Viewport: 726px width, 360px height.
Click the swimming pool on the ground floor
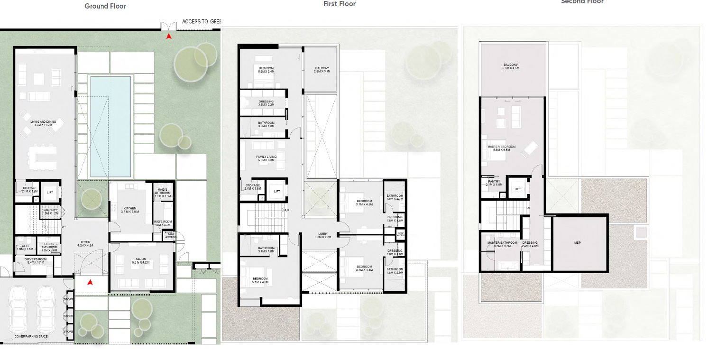point(110,126)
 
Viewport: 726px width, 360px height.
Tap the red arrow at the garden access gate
point(169,36)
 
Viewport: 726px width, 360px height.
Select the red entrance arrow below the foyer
point(90,283)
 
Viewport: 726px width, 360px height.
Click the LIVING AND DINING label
point(43,123)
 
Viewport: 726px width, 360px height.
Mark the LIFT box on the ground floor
point(50,193)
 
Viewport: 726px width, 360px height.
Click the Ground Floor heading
point(105,7)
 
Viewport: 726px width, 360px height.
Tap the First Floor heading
point(339,4)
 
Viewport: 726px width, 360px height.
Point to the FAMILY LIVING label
point(266,158)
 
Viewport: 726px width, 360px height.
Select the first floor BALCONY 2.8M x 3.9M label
point(322,70)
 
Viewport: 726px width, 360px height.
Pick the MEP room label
point(577,243)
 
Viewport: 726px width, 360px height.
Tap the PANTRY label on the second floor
point(494,183)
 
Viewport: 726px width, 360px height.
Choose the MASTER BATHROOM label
point(502,244)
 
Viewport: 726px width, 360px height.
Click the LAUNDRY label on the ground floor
point(50,212)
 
